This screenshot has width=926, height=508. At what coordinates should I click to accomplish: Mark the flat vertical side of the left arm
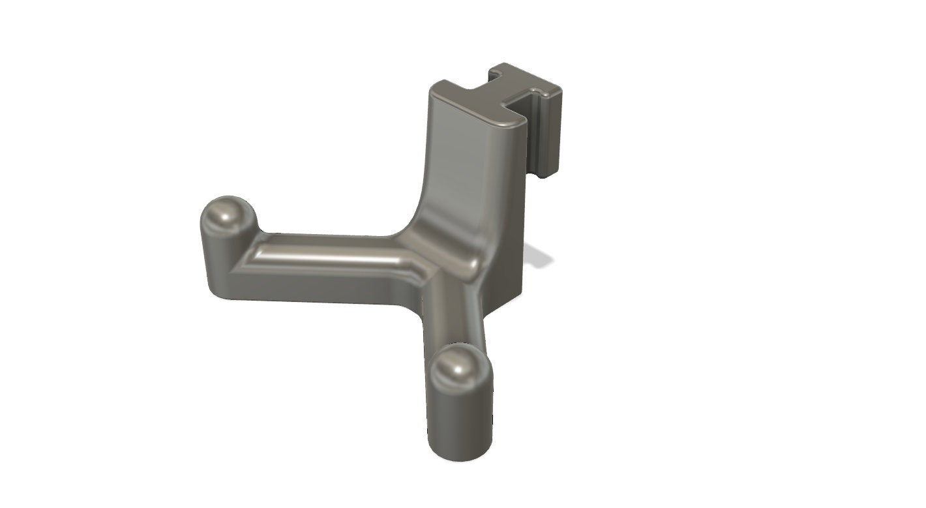313,287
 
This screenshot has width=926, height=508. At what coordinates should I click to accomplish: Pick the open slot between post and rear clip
528,130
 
